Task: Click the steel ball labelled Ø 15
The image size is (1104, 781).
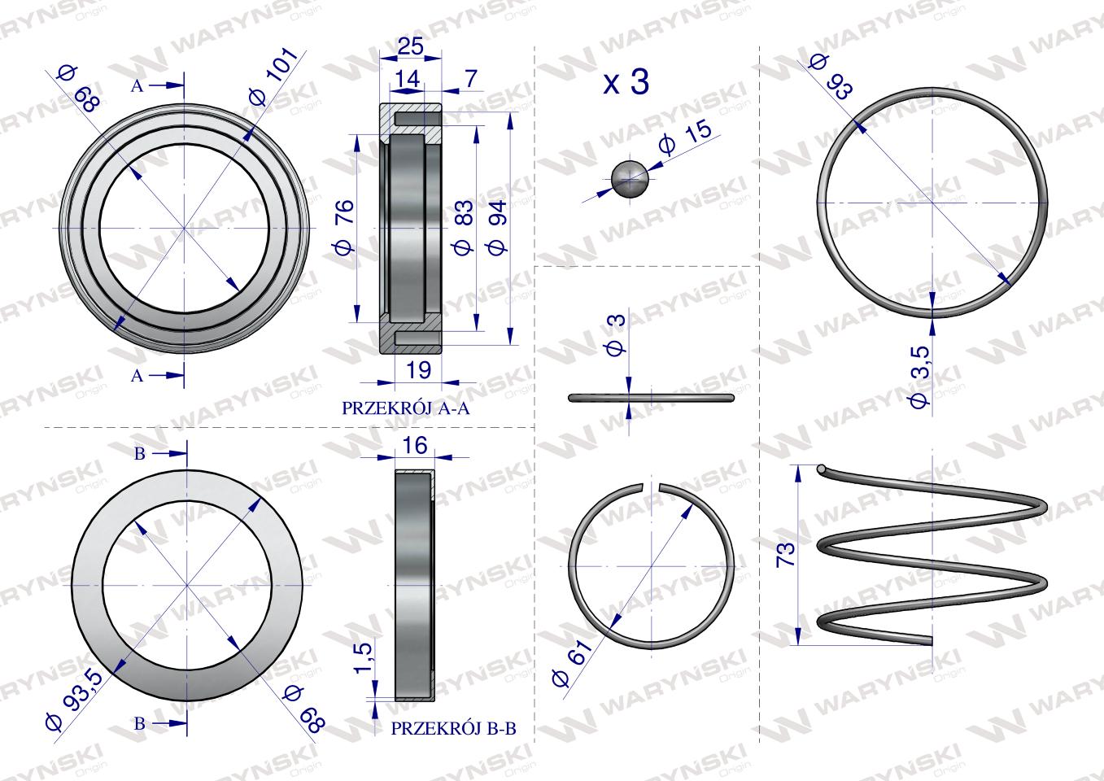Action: click(x=630, y=178)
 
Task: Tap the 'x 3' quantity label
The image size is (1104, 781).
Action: click(x=626, y=82)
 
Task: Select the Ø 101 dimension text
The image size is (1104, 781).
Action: click(x=273, y=76)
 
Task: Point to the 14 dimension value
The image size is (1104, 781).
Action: click(x=407, y=78)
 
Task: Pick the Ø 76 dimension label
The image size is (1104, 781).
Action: click(x=344, y=227)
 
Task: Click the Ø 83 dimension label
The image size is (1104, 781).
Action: click(x=463, y=228)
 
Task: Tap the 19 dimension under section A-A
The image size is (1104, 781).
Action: click(x=418, y=370)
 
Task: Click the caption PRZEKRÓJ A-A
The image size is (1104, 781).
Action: click(x=406, y=408)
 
